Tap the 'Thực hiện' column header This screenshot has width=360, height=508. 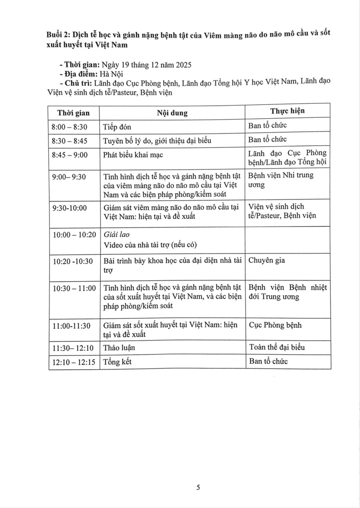[x=288, y=111]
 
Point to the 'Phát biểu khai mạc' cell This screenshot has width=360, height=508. [x=133, y=155]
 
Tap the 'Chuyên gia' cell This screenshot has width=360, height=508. [x=266, y=260]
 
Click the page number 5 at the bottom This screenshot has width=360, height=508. [x=198, y=487]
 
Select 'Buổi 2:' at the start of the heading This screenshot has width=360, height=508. [x=59, y=35]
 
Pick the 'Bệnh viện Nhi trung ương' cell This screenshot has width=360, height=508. [x=281, y=180]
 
